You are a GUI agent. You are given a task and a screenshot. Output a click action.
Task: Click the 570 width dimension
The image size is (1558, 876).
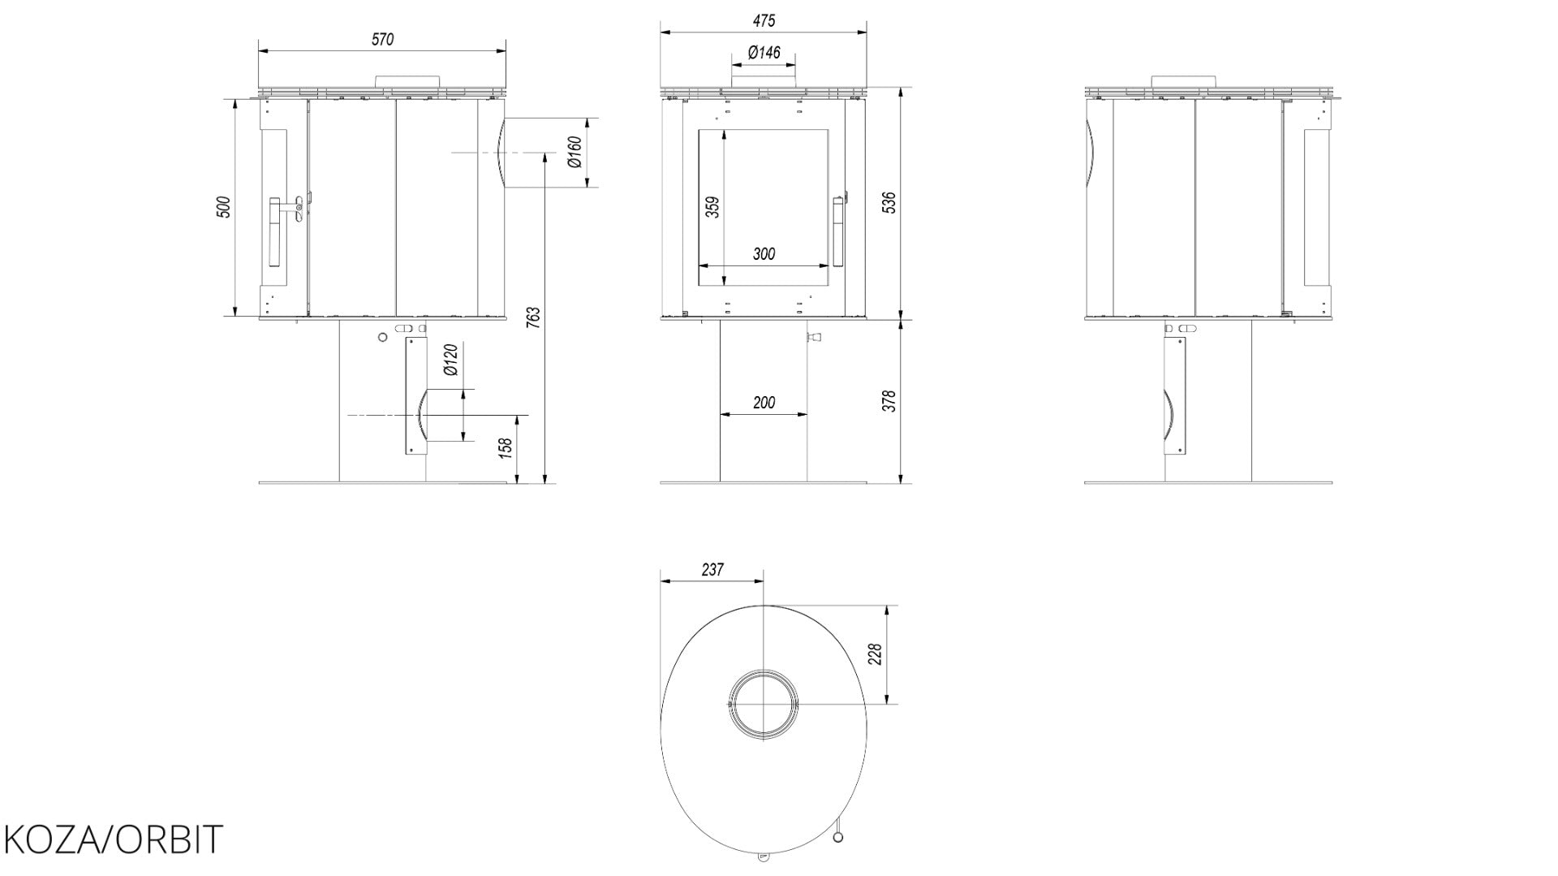click(x=383, y=39)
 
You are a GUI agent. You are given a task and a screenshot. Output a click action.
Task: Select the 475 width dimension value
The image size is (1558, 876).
click(x=764, y=20)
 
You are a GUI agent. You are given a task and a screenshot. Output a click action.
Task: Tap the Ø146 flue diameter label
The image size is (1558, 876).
click(x=764, y=53)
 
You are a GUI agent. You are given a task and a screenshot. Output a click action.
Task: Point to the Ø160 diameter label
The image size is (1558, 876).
click(x=575, y=152)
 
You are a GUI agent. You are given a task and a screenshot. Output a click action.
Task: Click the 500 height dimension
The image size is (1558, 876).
click(x=224, y=207)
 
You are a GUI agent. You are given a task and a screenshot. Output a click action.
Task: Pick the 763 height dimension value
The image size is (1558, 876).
click(x=533, y=317)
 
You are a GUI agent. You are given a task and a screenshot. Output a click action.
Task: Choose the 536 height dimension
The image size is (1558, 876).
click(x=889, y=202)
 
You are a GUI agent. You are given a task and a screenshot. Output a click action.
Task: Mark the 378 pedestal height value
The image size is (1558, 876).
click(x=889, y=401)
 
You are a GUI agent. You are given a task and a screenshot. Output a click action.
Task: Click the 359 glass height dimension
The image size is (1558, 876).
click(x=712, y=207)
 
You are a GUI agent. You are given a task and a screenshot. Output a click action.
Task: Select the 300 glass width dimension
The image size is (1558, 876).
click(x=764, y=254)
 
